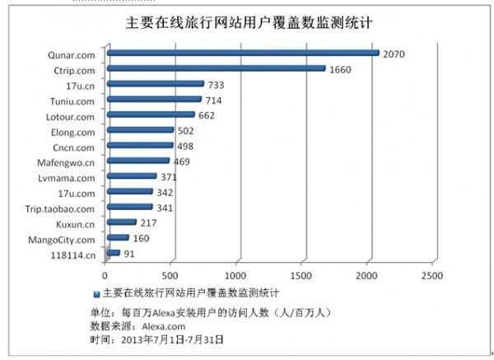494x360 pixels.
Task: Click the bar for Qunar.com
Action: tap(242, 54)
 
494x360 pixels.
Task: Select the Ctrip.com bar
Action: tap(215, 68)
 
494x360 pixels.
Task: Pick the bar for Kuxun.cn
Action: tap(121, 222)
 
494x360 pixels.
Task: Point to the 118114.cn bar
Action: tap(113, 253)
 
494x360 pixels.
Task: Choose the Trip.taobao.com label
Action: tap(60, 208)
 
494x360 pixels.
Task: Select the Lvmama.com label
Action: tap(72, 176)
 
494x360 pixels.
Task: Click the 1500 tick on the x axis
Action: tap(302, 274)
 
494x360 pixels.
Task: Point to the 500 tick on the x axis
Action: tap(170, 274)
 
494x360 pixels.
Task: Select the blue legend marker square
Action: tap(96, 293)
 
